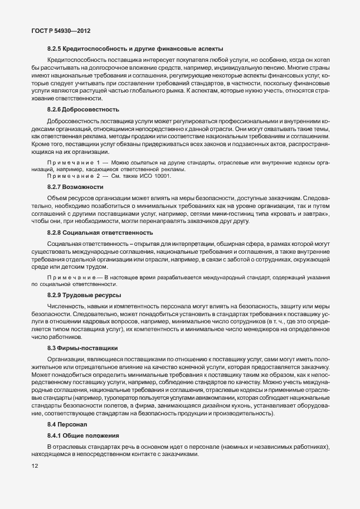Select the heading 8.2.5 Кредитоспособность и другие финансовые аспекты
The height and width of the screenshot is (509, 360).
tap(135, 49)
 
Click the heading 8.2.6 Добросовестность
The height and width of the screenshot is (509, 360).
tap(83, 109)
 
